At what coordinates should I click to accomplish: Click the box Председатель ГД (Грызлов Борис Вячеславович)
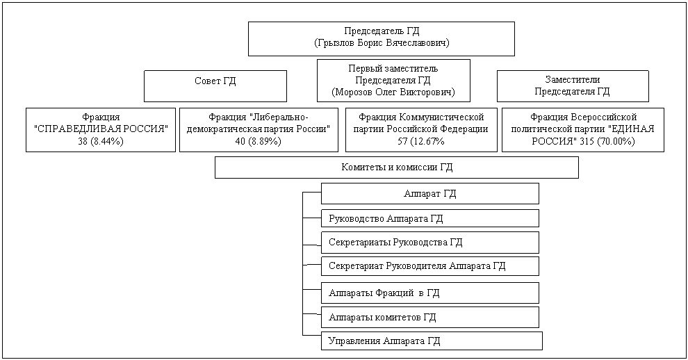(381, 38)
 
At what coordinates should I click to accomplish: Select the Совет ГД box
(215, 85)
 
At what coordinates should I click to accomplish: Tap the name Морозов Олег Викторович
(393, 92)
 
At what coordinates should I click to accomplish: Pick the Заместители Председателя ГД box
(572, 85)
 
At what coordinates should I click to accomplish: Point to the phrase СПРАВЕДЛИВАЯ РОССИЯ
(101, 129)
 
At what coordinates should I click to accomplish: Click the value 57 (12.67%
(421, 142)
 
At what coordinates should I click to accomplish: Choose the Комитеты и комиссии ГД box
(396, 167)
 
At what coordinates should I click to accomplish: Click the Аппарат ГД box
(429, 193)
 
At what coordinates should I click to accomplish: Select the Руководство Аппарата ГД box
(429, 218)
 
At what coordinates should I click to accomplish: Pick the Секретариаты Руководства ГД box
(429, 243)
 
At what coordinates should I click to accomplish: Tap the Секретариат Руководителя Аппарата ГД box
(429, 266)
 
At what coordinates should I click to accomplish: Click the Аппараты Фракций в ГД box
(429, 293)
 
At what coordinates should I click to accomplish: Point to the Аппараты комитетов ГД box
(429, 318)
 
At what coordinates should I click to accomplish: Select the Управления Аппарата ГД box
(431, 341)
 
